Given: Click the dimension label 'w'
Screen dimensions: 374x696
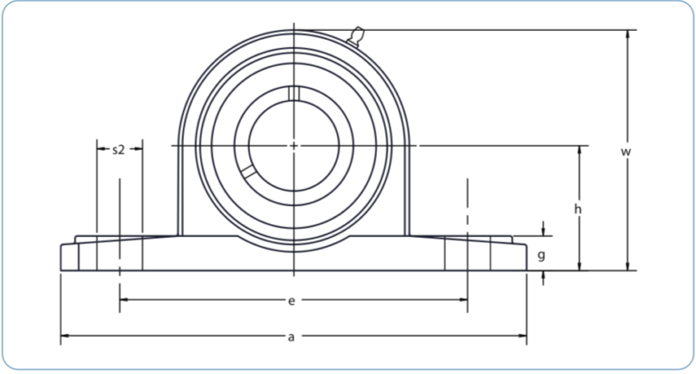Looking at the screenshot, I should point(625,153).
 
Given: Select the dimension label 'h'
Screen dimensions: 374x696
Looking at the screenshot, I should point(579,210).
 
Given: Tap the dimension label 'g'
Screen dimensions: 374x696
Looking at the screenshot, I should point(542,255).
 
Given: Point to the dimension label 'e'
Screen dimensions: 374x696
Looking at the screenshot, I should point(291,300).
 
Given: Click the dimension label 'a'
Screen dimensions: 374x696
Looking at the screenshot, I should point(291,337).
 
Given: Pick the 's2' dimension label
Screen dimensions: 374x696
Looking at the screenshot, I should point(119,149).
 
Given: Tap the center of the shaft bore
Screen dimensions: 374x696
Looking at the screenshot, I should point(294,145).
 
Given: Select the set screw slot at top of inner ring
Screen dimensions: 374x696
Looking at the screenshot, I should point(294,92).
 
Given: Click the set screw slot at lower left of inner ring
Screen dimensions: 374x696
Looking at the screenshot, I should point(247,171).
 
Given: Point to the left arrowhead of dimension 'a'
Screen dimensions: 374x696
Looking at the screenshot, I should point(64,338).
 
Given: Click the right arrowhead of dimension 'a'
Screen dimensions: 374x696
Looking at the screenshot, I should point(523,338).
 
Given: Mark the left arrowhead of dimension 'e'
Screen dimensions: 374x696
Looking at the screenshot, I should point(123,300).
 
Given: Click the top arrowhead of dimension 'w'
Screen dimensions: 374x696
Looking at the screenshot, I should point(625,34).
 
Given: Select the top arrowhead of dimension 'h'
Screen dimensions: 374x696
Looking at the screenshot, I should point(579,149).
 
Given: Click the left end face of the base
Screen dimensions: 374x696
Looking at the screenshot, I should point(61,257).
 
